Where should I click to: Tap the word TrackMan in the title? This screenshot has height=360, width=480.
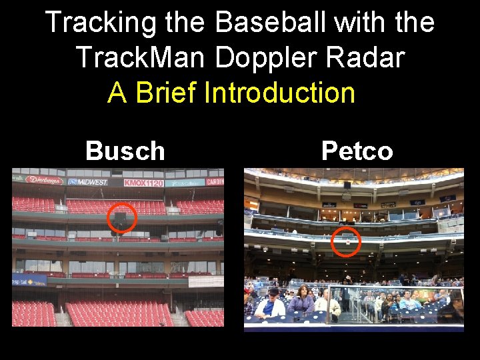point(143,58)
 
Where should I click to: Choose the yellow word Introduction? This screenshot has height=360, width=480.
point(279,93)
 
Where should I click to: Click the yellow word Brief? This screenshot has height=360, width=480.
point(166,93)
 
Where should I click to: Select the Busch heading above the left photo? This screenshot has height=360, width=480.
point(125,151)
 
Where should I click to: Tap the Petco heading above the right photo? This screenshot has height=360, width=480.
point(357,151)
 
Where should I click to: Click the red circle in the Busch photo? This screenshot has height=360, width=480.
point(121,218)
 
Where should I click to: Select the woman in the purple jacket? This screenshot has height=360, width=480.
point(302,301)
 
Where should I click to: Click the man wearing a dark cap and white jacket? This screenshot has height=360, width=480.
point(271,304)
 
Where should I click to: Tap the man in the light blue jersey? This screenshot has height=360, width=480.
point(408,302)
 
